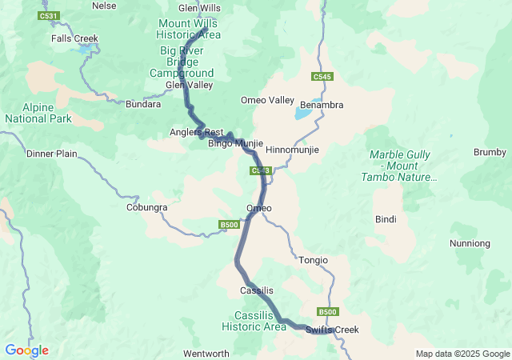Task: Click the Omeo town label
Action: point(259,208)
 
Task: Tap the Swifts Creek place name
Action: point(332,330)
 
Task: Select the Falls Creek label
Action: point(74,38)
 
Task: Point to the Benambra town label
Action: point(321,105)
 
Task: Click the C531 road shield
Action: point(49,16)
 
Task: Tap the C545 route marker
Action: point(322,77)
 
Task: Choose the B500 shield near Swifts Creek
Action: point(327,312)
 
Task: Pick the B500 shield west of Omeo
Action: point(229,225)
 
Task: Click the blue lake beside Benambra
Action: point(303,114)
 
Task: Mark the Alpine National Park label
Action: point(38,113)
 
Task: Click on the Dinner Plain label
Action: point(51,154)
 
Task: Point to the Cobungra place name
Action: point(146,207)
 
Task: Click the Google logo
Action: point(26,350)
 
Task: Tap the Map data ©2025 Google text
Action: point(462,354)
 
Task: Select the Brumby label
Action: point(490,152)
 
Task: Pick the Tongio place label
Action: point(313,260)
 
